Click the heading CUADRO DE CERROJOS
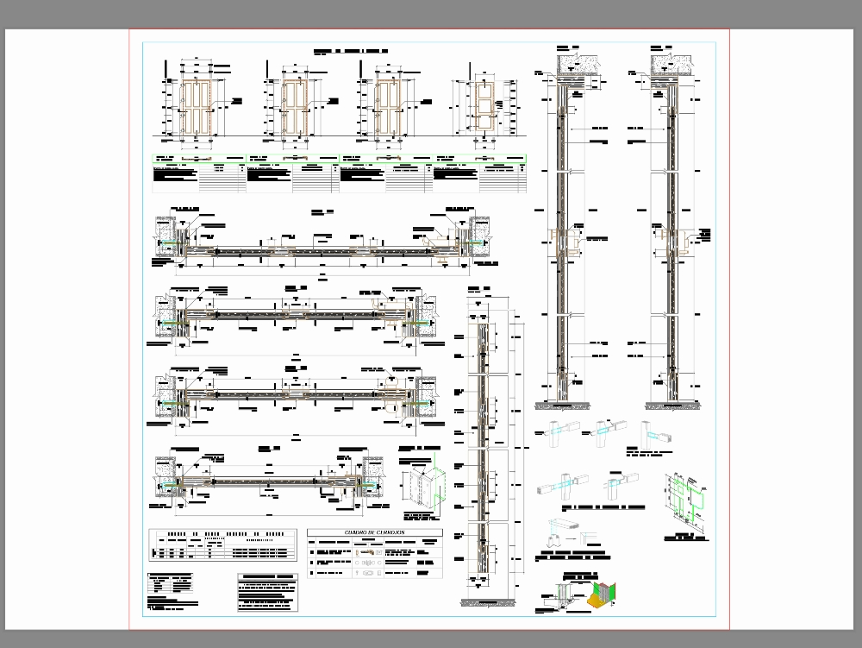(374, 533)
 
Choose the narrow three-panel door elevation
(482, 106)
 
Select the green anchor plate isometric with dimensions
(688, 501)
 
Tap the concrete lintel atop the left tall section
(574, 62)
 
